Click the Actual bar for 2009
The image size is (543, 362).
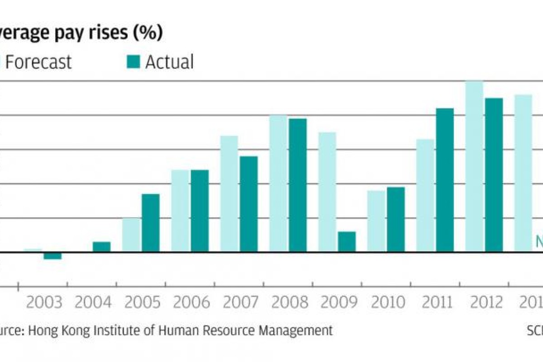click(347, 242)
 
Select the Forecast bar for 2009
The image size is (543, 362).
click(327, 192)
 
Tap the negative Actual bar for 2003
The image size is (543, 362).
click(52, 256)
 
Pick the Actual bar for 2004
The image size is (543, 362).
click(101, 247)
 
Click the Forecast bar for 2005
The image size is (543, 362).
click(131, 235)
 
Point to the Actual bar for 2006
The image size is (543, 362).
click(200, 211)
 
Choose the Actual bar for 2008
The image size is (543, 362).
click(298, 185)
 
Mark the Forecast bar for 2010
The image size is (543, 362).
click(376, 221)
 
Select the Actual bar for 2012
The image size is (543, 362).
click(494, 175)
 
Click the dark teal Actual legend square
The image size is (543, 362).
click(133, 62)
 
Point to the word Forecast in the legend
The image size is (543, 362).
click(38, 62)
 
